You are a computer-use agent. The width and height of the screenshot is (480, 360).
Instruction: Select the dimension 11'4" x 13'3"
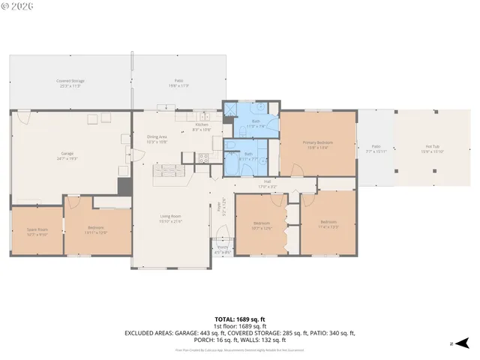click(x=328, y=225)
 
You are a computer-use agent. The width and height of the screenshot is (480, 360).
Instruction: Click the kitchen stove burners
click(x=202, y=157)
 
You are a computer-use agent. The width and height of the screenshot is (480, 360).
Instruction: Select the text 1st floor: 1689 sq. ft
click(x=239, y=326)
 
